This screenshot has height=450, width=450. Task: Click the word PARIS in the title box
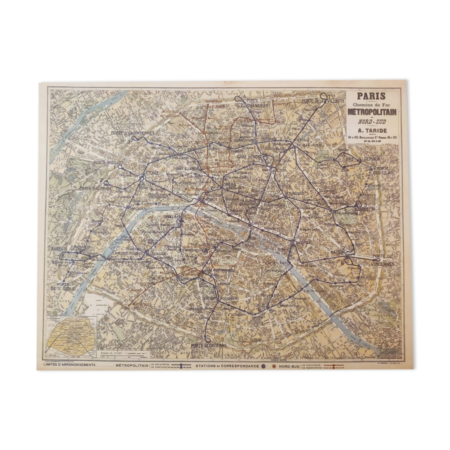371,96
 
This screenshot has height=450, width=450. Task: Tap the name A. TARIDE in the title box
372,130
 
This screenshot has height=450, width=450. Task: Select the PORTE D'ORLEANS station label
209,345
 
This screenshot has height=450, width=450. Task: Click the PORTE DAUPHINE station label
95,188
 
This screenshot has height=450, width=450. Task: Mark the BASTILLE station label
303,243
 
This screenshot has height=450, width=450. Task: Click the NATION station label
337,252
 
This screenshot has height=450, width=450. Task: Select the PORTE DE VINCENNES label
383,260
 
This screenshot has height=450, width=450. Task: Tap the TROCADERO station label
138,208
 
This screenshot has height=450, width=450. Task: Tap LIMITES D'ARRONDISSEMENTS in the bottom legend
69,365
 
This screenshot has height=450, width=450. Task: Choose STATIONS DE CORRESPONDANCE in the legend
227,366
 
